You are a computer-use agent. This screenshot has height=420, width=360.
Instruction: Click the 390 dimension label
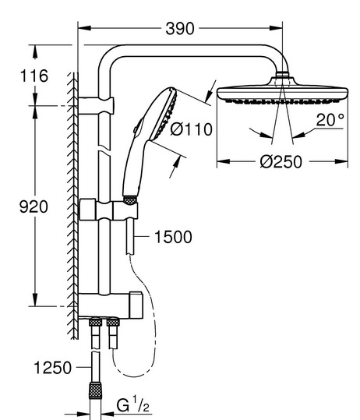pyautogui.click(x=180, y=29)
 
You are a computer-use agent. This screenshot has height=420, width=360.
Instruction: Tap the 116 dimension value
pyautogui.click(x=34, y=76)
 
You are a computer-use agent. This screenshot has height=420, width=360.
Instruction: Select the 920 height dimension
pyautogui.click(x=34, y=206)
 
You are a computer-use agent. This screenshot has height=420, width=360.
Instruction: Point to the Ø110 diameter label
pyautogui.click(x=191, y=129)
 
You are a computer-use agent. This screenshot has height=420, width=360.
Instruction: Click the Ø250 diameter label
pyautogui.click(x=281, y=162)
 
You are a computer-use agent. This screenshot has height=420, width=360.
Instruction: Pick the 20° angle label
pyautogui.click(x=330, y=120)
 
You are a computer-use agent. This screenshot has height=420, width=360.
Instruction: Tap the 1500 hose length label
pyautogui.click(x=173, y=237)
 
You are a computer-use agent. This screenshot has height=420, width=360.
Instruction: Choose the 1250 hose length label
pyautogui.click(x=53, y=368)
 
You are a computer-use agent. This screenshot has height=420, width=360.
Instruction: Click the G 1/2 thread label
pyautogui.click(x=132, y=404)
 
